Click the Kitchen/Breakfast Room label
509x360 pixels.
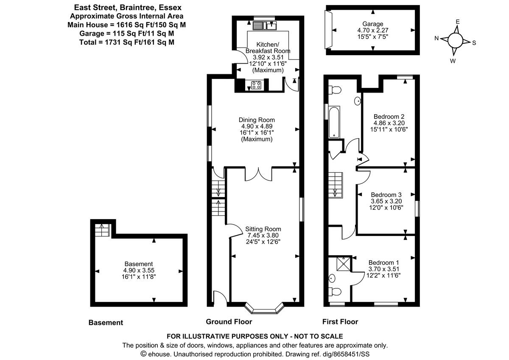tap(268, 48)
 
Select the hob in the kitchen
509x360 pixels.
tap(256, 85)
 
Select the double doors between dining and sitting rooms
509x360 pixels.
tap(259, 174)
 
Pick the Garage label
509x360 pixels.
tap(372, 24)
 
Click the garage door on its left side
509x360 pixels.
tap(327, 29)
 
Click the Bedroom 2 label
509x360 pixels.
tap(389, 116)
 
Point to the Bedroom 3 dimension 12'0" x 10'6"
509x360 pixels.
tap(386, 208)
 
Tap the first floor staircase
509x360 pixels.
tap(336, 185)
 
